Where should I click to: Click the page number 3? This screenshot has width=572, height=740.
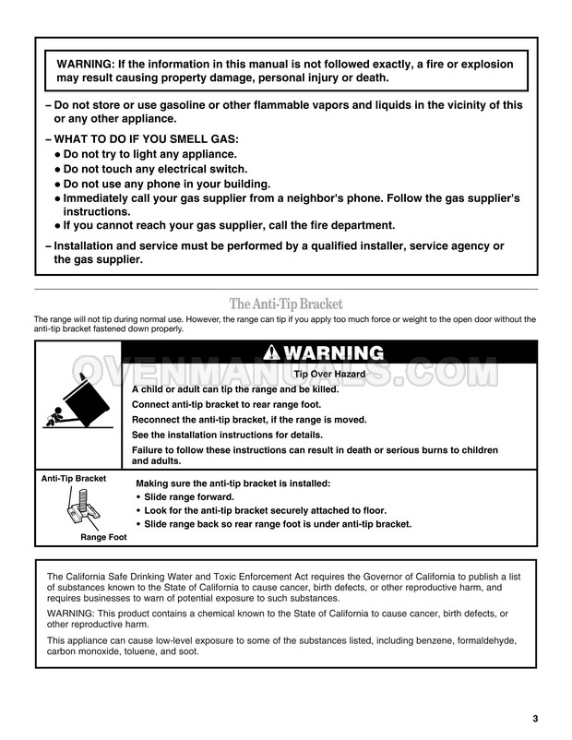point(535,719)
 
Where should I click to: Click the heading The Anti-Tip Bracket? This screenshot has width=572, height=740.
point(285,304)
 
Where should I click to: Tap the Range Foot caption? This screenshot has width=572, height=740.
point(103,536)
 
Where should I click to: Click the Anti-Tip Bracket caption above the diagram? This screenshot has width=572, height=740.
point(73,479)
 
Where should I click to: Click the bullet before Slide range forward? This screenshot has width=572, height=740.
point(138,496)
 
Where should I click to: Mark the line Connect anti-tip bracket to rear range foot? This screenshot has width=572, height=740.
point(237,404)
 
